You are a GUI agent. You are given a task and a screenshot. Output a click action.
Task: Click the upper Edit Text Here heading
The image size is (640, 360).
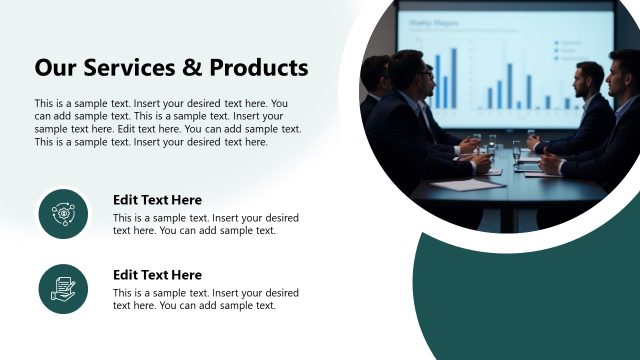click(x=157, y=200)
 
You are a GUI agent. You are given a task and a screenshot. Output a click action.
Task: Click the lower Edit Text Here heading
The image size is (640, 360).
click(x=157, y=275)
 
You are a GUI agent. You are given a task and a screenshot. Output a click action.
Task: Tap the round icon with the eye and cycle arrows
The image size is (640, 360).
click(x=64, y=213)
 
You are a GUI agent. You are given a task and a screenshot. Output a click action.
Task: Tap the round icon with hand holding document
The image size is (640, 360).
click(x=64, y=288)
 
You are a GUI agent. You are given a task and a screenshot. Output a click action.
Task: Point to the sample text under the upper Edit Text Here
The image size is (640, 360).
click(x=205, y=224)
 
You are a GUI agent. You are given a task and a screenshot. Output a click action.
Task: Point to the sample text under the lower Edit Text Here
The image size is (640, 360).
click(x=205, y=299)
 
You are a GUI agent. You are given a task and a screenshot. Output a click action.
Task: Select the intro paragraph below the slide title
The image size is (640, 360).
click(x=168, y=122)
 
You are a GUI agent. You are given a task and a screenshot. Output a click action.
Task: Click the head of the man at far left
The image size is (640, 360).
click(x=377, y=74)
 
